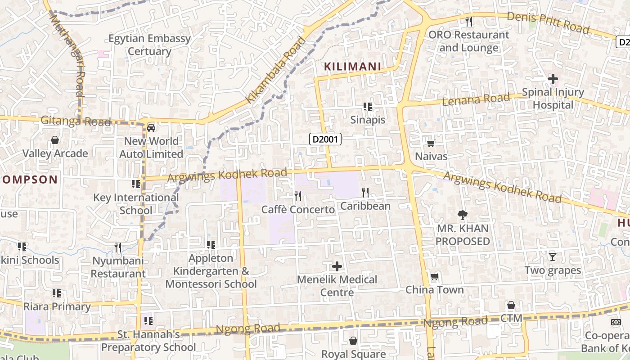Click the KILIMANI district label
click(353, 67)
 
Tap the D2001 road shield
click(325, 139)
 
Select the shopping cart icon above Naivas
click(431, 144)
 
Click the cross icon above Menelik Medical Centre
click(337, 266)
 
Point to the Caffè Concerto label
click(298, 210)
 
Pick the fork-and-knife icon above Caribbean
click(365, 193)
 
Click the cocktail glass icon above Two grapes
click(553, 257)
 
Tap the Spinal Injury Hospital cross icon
click(553, 79)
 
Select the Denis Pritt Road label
click(548, 22)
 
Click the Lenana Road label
click(477, 99)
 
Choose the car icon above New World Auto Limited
click(151, 127)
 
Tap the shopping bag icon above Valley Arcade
click(55, 140)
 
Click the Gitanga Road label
click(76, 121)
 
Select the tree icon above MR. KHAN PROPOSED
click(462, 215)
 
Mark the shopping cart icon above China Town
click(435, 276)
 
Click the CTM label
click(511, 319)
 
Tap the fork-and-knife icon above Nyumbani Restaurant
click(118, 247)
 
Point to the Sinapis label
click(368, 120)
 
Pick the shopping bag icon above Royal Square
click(353, 341)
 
